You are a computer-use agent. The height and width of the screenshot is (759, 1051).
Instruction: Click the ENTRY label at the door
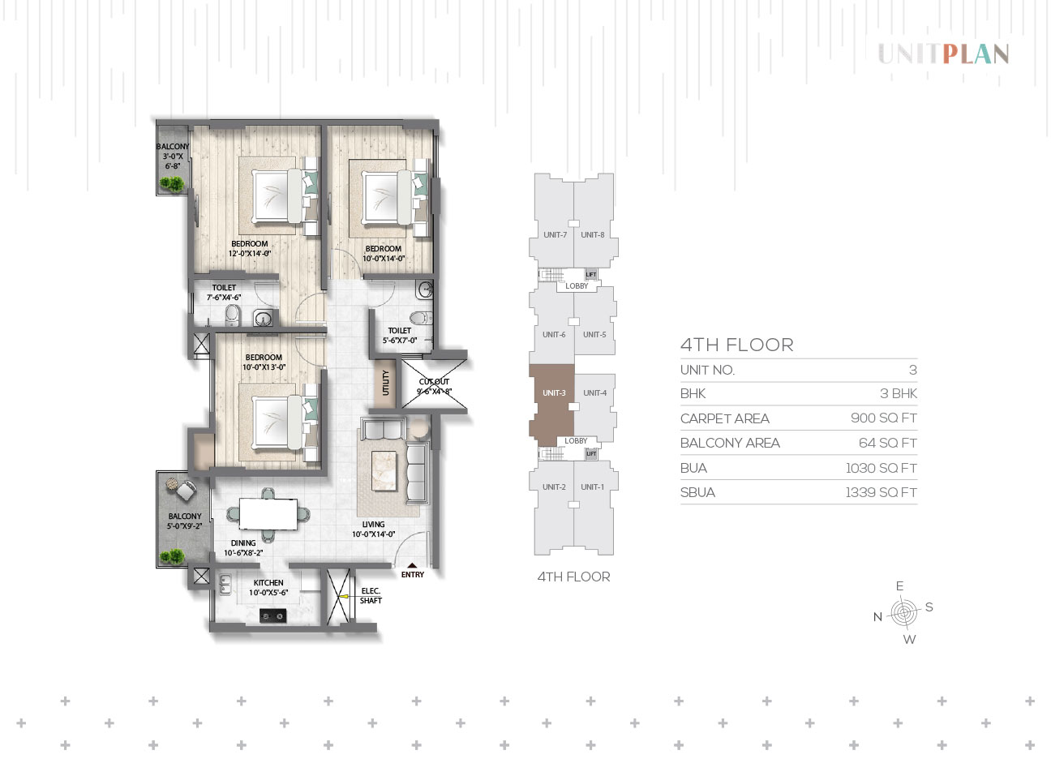pos(413,575)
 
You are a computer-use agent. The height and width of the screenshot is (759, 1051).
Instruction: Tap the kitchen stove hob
pos(273,616)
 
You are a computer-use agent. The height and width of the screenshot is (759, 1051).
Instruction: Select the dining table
pos(268,513)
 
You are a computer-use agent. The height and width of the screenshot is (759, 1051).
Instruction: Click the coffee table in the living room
pos(384,470)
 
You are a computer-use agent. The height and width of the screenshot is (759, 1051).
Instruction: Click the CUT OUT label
pos(434,382)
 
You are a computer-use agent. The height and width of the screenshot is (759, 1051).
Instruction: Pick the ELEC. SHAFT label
pos(371,596)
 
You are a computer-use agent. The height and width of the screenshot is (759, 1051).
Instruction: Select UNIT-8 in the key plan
pos(593,235)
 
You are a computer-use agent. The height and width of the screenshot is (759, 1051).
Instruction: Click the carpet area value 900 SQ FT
pos(883,418)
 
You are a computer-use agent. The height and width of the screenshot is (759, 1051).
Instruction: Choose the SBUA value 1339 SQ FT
pos(882,492)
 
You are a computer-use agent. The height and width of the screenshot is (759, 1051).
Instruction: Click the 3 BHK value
pos(899,393)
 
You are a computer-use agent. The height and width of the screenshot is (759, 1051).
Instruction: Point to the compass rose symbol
pos(904,613)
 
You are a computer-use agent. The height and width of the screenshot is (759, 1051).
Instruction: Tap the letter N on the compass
pos(877,617)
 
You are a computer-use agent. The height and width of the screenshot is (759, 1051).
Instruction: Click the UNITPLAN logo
pos(943,54)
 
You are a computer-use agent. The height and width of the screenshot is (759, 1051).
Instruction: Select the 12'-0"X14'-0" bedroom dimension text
pos(250,254)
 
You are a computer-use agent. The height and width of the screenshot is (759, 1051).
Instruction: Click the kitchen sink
pos(225,585)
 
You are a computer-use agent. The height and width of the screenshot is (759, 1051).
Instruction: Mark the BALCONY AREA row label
pos(730,443)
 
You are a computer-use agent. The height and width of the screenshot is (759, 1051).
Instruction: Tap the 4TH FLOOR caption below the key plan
pos(573,577)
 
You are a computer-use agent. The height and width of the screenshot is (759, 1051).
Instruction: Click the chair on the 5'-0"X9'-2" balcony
pos(186,491)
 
